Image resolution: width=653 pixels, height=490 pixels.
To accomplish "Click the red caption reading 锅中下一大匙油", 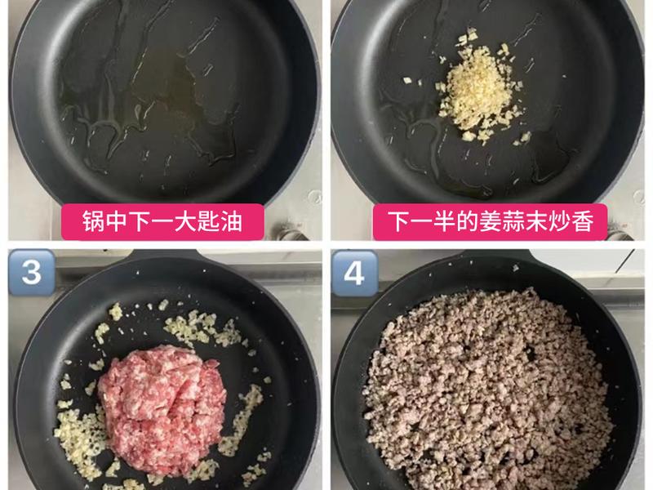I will click(163, 220).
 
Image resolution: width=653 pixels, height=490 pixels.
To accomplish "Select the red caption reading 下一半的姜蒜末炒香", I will click(490, 220).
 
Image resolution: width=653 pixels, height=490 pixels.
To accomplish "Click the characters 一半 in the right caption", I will click(431, 220).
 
